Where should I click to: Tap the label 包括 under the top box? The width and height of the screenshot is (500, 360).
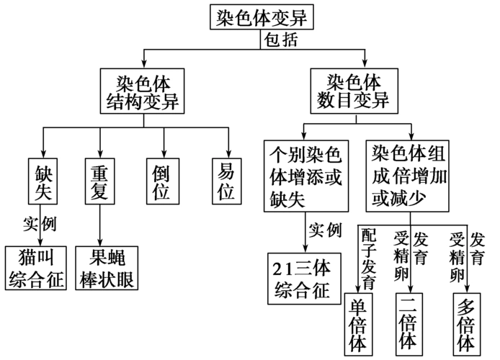[278, 40]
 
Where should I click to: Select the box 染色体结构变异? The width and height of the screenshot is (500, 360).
[140, 90]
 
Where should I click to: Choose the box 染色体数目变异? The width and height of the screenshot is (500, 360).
[354, 90]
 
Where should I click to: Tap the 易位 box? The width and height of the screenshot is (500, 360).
[226, 184]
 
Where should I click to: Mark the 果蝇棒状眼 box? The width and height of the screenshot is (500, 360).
[107, 268]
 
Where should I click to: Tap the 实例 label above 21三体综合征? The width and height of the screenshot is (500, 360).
[325, 230]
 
